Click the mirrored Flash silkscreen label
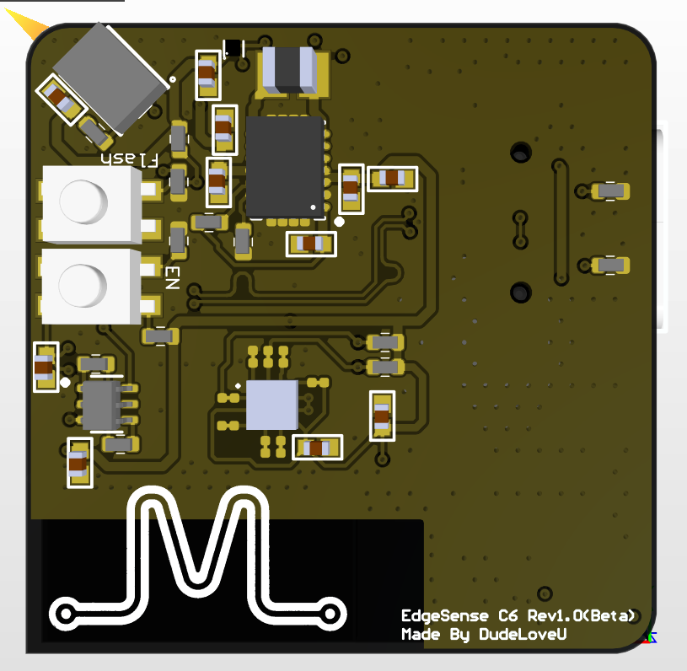click(x=129, y=159)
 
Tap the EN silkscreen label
click(x=172, y=278)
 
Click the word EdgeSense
click(x=445, y=615)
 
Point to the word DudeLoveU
click(x=523, y=634)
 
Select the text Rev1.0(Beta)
click(x=581, y=615)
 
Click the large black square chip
click(x=285, y=167)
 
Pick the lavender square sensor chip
click(x=272, y=405)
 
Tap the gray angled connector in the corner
click(x=110, y=78)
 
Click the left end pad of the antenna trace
click(x=66, y=613)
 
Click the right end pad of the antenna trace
click(x=330, y=614)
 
